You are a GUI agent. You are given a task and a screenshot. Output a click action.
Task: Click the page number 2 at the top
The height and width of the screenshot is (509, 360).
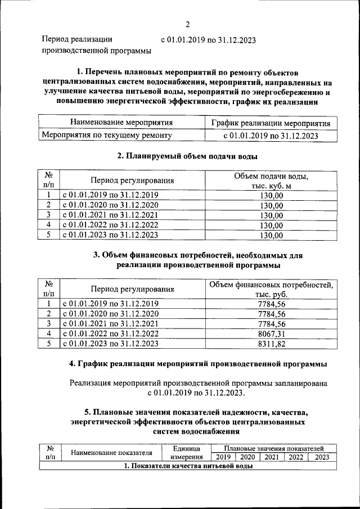coord(187,24)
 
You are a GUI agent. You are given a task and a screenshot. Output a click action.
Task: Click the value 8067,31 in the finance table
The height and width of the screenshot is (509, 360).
coord(271,334)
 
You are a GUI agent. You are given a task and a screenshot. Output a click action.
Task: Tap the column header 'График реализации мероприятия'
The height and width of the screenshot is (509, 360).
coord(271,123)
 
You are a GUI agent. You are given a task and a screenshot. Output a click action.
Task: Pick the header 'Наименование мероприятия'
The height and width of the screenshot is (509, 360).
coord(121,123)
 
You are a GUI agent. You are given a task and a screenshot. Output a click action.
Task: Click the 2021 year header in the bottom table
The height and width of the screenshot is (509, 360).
coord(272,457)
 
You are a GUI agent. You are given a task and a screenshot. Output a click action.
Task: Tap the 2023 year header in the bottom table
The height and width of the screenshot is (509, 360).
coord(322,457)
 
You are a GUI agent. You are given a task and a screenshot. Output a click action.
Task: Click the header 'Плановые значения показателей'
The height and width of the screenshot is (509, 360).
coord(273,448)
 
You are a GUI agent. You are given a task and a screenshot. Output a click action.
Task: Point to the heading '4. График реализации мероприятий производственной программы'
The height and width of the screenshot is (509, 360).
coord(197,364)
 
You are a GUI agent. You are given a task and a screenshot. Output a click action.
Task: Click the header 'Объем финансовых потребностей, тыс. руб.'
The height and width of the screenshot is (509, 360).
coord(271,290)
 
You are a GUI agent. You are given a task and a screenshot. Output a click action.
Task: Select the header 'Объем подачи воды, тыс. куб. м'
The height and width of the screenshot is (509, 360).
coord(271,181)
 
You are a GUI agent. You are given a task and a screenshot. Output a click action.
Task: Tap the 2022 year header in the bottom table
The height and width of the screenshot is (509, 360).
coord(296,457)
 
